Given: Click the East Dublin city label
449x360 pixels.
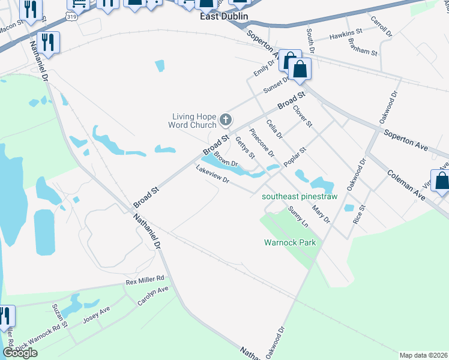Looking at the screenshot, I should (x=223, y=17).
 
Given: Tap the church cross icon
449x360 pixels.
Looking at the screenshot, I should (x=226, y=120).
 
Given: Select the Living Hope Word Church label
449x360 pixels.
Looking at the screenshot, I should (x=193, y=121).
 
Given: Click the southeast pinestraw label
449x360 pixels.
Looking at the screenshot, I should (x=300, y=196).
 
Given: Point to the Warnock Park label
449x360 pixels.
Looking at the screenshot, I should (x=290, y=243).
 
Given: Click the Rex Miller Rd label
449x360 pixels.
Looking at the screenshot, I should (x=145, y=280).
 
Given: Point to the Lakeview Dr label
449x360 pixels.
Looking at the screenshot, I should (x=212, y=178).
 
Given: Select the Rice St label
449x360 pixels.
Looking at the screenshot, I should (x=360, y=213).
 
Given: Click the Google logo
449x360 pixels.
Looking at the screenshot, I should (x=20, y=353).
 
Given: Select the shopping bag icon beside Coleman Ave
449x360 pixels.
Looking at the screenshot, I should (x=442, y=181).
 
